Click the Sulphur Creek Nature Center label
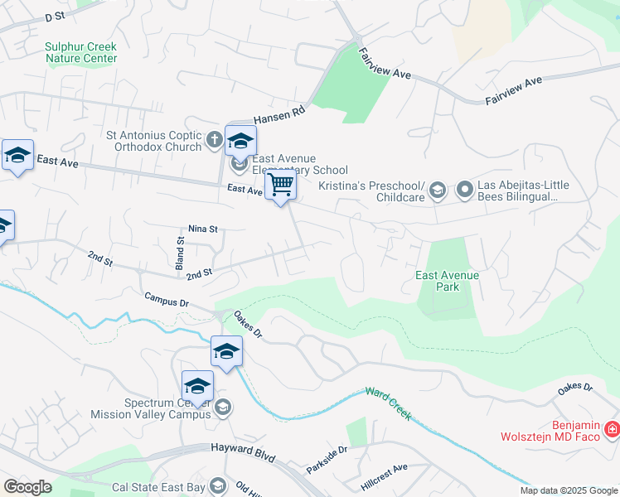pos(81,53)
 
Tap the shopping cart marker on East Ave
pos(281,185)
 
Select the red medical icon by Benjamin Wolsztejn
pos(612,429)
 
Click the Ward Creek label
pos(389,403)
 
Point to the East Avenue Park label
pos(448,281)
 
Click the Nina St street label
pos(202,229)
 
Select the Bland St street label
pos(180,252)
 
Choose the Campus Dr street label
pos(167,299)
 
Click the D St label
pos(55,17)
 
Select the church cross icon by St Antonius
pos(213,140)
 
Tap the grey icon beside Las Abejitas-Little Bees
pos(464,191)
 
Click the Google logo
pos(28,487)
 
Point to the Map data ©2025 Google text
pos(568,490)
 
